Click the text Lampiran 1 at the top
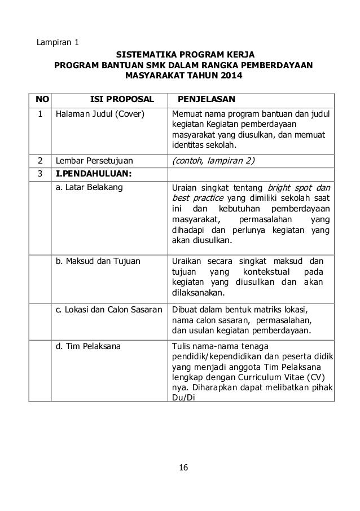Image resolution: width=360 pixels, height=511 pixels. coord(58,42)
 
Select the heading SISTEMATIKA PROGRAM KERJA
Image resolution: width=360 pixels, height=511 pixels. coord(185,55)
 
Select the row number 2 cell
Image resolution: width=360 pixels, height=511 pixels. coord(40,160)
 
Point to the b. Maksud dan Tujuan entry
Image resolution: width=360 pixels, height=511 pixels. coord(97,261)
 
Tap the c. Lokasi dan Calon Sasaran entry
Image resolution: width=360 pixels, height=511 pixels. coord(109,310)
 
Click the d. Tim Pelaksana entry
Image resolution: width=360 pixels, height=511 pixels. coord(87,346)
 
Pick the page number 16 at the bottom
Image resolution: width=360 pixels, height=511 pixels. coord(182,468)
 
